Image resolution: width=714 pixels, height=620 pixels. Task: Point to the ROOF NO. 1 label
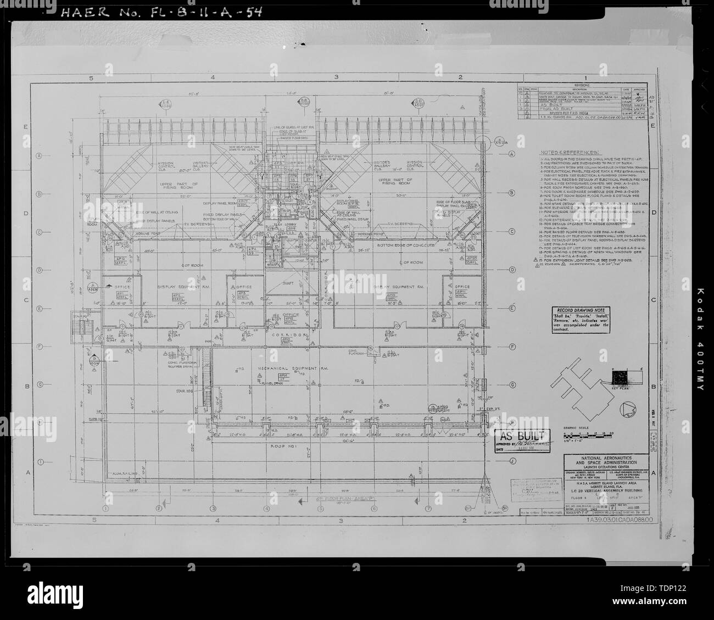pyautogui.click(x=285, y=446)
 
